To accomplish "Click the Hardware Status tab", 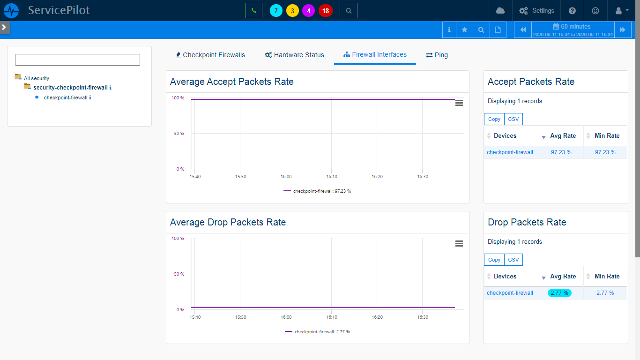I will [294, 55].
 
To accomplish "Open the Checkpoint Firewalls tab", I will [210, 55].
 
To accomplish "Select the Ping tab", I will [437, 55].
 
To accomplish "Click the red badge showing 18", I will [325, 11].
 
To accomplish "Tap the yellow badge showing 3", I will [292, 11].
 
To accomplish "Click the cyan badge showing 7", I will [276, 11].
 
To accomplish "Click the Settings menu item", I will [537, 11].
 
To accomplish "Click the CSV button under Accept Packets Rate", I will [513, 119].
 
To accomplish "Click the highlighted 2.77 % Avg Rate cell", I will [559, 293].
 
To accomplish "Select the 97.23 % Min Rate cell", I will [605, 152].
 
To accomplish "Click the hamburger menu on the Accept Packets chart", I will [459, 103].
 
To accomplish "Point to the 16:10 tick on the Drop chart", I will [331, 317].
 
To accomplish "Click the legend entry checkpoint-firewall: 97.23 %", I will [318, 191].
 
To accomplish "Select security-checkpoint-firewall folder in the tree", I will [70, 88].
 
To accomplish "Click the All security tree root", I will [36, 78].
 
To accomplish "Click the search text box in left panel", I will [77, 60].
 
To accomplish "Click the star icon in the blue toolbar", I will [464, 30].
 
